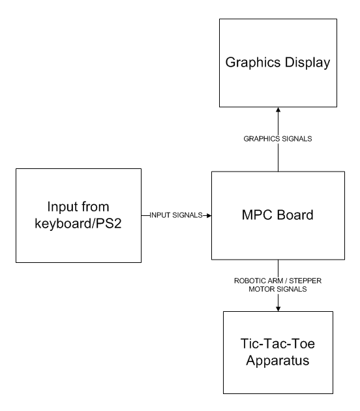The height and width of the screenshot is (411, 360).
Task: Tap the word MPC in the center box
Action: [x=256, y=215]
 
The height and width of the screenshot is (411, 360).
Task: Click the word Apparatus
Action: [x=278, y=363]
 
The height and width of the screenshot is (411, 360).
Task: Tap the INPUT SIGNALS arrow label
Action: [x=175, y=215]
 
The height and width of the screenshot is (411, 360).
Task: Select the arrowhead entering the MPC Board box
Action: [x=207, y=215]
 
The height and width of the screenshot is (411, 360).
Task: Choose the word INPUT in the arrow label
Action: [x=160, y=215]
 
